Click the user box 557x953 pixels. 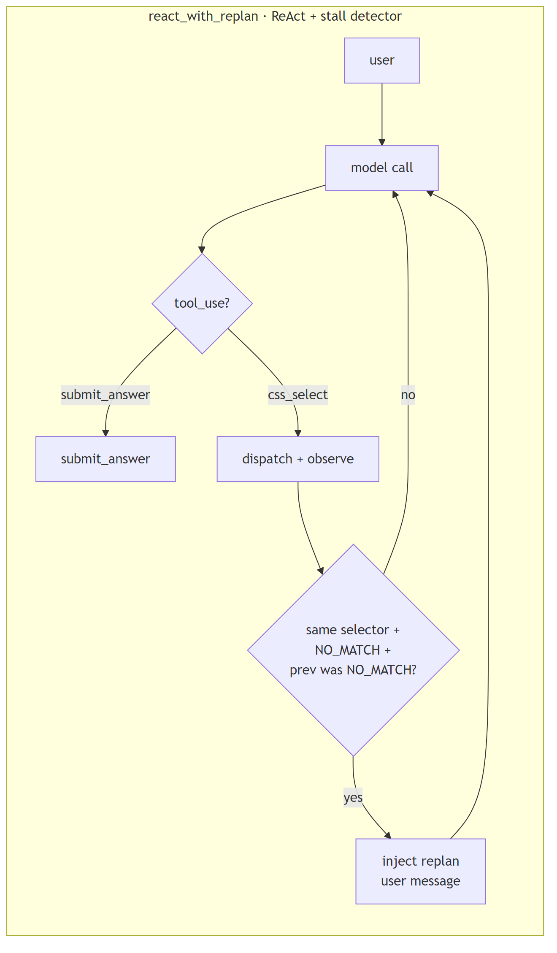click(x=381, y=60)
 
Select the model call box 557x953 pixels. click(x=381, y=168)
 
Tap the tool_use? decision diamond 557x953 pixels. click(x=202, y=303)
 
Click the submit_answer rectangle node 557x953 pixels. click(x=105, y=459)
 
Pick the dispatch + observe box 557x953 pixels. click(x=297, y=459)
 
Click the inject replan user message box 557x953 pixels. click(x=420, y=871)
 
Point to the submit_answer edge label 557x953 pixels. click(x=105, y=395)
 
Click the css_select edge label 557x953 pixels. click(x=297, y=395)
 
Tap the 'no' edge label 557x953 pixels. click(x=408, y=395)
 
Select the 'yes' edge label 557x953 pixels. click(x=353, y=797)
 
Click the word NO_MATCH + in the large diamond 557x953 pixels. click(x=353, y=650)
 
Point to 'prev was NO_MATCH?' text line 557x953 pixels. click(x=353, y=670)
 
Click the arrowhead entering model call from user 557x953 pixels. click(x=382, y=142)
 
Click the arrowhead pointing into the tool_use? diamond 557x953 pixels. click(x=202, y=249)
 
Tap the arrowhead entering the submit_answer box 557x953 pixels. click(x=105, y=433)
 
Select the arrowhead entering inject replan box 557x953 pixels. click(x=388, y=836)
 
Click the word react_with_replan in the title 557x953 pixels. click(x=203, y=16)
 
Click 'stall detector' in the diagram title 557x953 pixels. click(x=361, y=16)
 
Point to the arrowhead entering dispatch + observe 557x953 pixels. click(x=298, y=433)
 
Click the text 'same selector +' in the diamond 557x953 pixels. click(x=353, y=630)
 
